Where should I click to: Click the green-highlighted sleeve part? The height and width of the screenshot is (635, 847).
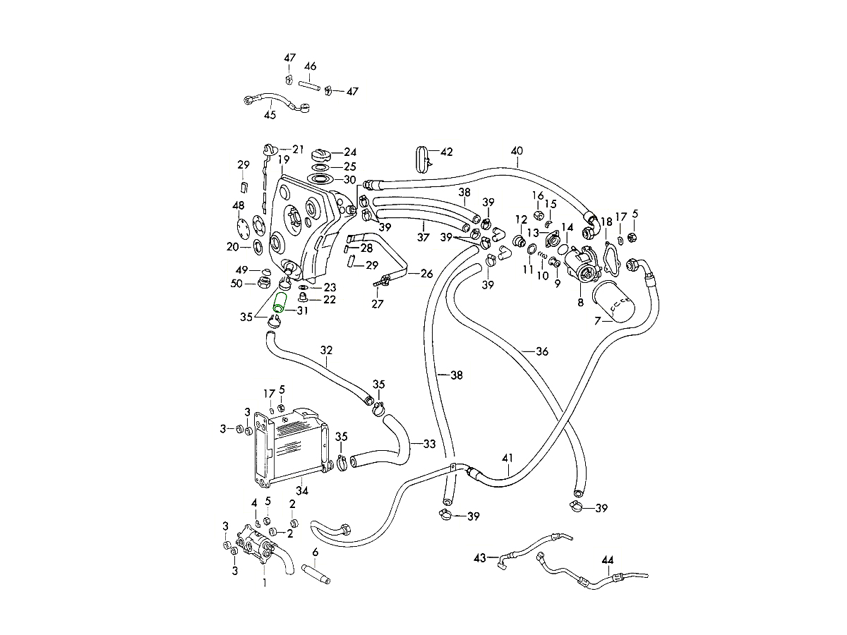(279, 303)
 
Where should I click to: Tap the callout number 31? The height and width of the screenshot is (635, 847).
(302, 311)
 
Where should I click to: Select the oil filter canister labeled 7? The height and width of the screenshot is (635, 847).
(613, 302)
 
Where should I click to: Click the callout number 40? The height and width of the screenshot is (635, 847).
(517, 150)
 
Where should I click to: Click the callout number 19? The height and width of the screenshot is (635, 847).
(283, 160)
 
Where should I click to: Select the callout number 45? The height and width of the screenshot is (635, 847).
(270, 115)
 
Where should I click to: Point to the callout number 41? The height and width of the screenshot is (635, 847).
(507, 458)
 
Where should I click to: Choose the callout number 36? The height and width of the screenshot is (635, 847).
(541, 351)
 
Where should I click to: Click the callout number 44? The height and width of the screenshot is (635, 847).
(608, 560)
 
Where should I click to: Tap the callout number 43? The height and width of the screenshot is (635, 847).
(480, 558)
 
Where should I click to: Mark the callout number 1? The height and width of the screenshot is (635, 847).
(265, 583)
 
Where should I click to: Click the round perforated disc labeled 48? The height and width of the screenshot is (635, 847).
(245, 227)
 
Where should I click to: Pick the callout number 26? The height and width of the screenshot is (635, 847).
(427, 273)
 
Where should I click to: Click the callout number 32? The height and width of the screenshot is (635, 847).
(326, 350)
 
